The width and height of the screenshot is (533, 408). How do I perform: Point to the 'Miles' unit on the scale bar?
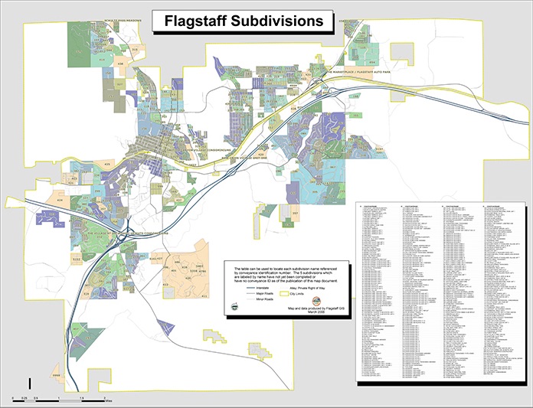pos(109,400)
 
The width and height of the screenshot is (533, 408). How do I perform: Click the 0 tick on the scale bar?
pos(13,400)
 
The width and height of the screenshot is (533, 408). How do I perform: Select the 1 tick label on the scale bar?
pos(59,400)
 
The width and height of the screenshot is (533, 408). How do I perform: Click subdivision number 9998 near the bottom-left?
pos(56,376)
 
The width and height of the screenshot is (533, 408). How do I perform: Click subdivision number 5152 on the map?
pos(77,259)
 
